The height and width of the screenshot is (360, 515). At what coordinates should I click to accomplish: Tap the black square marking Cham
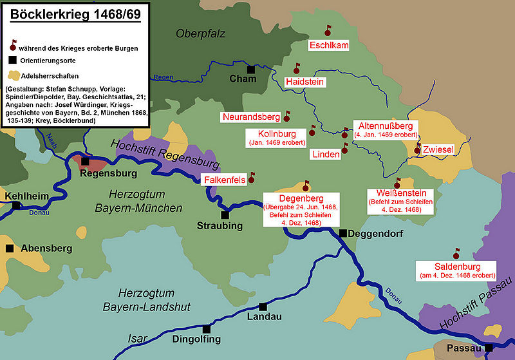251,69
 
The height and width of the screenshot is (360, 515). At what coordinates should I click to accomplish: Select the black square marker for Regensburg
85,162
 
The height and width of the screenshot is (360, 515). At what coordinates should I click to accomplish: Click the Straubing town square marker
225,215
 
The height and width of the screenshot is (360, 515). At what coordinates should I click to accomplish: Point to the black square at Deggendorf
343,233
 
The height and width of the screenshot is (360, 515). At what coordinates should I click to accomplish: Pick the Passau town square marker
489,348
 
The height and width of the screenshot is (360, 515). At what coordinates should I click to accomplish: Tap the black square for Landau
263,307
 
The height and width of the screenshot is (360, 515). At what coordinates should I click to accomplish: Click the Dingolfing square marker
206,328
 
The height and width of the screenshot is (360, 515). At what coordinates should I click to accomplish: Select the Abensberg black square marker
9,248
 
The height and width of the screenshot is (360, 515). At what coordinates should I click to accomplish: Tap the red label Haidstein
304,82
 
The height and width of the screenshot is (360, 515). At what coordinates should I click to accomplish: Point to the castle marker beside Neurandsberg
287,117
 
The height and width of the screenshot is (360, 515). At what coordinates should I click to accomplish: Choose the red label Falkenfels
225,180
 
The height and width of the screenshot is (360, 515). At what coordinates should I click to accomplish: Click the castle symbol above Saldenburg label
456,253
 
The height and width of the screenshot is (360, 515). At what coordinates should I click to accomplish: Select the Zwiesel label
438,149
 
